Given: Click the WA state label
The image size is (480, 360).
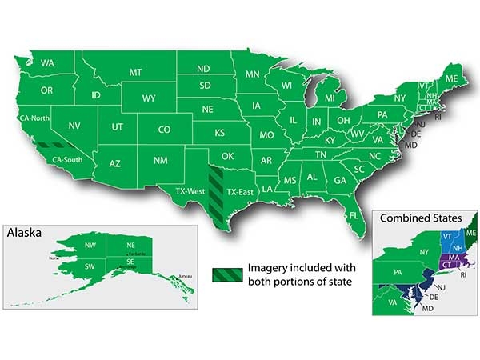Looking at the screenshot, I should tap(47, 62).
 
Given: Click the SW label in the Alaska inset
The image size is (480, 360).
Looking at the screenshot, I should tap(90, 265).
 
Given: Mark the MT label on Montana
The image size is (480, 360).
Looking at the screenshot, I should tap(136, 73).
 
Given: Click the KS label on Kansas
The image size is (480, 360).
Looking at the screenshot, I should tap(218, 132).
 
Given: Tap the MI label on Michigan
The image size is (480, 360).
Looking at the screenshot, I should tap(329, 98).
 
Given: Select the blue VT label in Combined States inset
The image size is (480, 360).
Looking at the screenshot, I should tap(447, 236).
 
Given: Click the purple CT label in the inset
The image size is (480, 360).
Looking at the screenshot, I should tap(446, 265).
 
